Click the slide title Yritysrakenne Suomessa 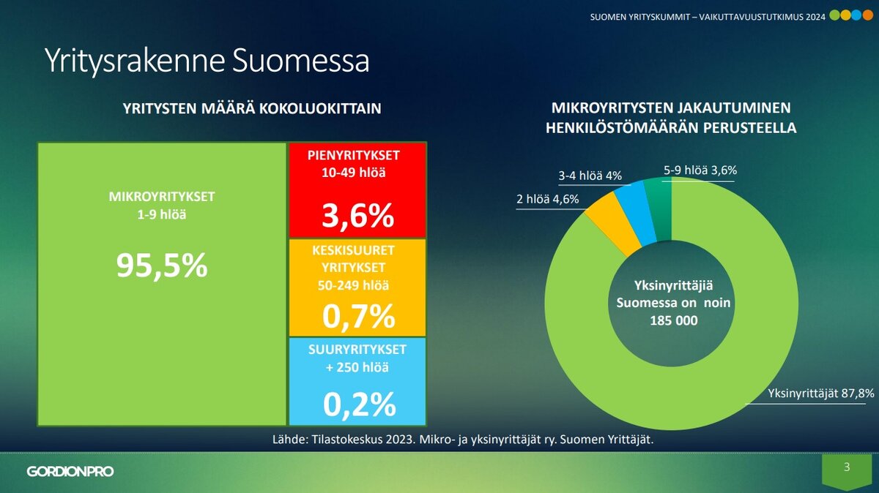(206, 61)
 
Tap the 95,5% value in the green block (162, 266)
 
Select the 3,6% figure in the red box (358, 216)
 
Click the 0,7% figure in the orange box (358, 316)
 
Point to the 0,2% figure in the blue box (358, 404)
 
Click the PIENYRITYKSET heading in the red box (358, 156)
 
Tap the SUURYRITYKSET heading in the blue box (358, 350)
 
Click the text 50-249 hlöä (358, 285)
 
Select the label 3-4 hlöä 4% (590, 176)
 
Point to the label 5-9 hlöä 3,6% (700, 170)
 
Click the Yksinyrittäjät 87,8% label (820, 394)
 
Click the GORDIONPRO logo (70, 472)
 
